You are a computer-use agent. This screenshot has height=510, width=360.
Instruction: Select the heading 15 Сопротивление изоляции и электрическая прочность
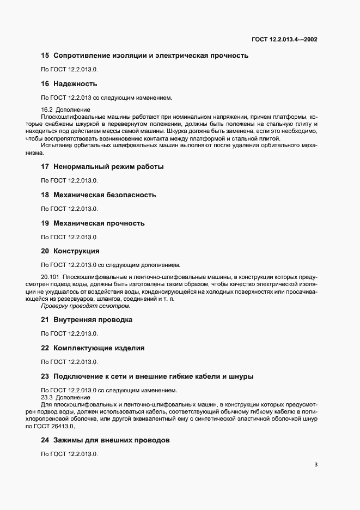click(x=145, y=56)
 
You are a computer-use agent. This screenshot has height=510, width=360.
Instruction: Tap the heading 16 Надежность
click(x=69, y=84)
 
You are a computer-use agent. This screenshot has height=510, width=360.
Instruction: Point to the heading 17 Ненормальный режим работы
click(x=102, y=166)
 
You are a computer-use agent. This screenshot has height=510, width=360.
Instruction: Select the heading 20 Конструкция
click(x=70, y=251)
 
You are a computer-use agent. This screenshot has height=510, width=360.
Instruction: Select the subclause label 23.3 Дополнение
click(x=66, y=397)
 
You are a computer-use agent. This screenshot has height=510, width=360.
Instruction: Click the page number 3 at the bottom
click(x=316, y=465)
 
